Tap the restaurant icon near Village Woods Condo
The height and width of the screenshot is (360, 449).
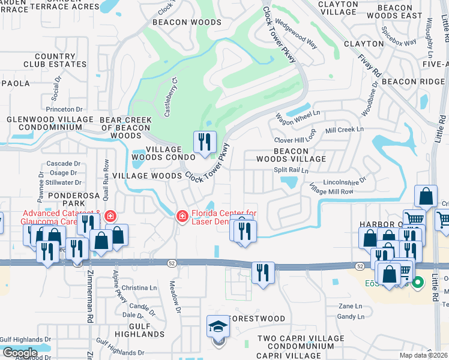pos(205,142)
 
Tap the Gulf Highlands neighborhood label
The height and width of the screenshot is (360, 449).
pos(139,329)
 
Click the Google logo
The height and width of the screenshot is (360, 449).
pos(20,352)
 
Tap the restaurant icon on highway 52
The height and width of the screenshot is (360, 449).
pos(263,272)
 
